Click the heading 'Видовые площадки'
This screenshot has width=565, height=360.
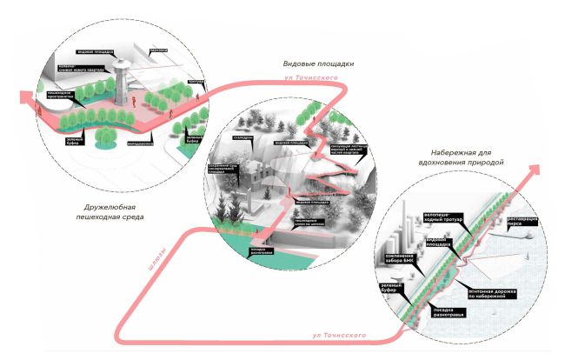point(319,65)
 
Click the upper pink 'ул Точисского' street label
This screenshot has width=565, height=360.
point(311,78)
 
